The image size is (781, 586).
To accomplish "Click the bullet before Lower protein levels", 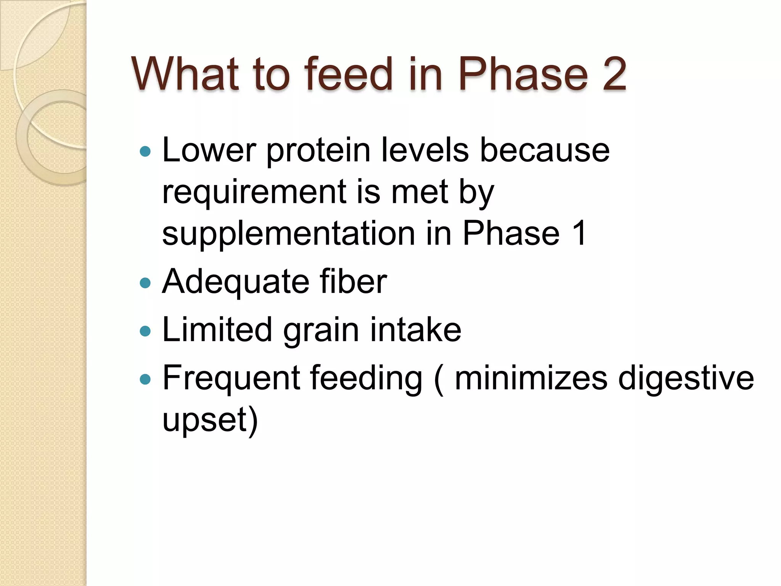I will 145,152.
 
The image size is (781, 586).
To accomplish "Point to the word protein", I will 318,151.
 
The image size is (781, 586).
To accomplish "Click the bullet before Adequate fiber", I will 145,283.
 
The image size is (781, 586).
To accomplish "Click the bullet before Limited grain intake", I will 145,331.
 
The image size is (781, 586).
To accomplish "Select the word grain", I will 321,330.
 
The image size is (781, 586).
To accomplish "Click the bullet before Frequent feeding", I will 145,379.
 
